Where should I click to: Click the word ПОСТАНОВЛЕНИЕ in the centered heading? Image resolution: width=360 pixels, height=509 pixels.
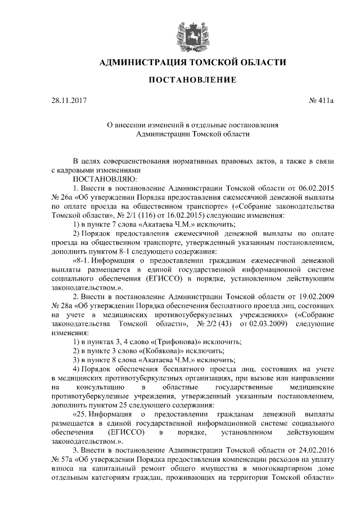point(192,80)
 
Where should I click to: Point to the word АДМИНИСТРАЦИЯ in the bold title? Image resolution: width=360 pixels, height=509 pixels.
point(143,62)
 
